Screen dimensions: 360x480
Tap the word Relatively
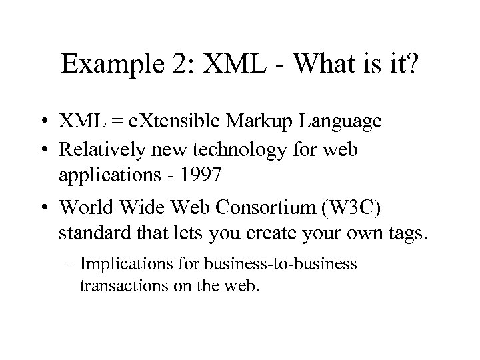[99, 151]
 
